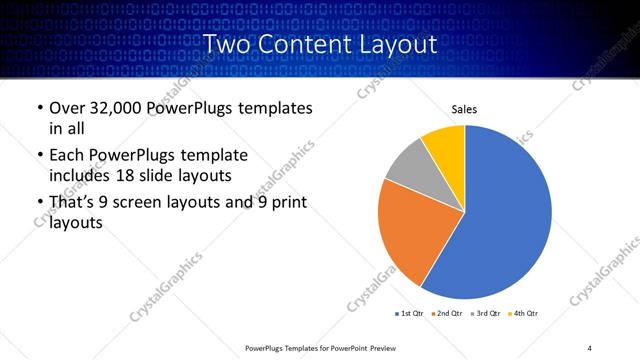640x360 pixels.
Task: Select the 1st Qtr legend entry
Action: (x=410, y=314)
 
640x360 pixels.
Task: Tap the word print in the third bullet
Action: (x=287, y=203)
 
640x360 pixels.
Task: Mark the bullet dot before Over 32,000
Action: (x=39, y=109)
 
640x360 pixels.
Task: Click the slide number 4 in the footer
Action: (x=589, y=347)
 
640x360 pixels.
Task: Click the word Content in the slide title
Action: (x=306, y=45)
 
